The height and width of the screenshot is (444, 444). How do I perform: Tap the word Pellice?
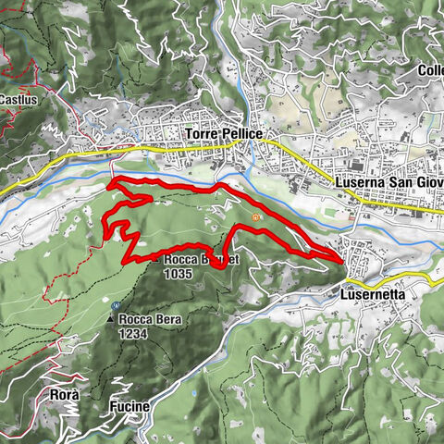240,135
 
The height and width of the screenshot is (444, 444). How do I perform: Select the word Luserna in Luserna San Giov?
359,182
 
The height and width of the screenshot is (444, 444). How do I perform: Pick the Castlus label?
17,99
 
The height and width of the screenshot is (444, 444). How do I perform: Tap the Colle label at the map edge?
430,70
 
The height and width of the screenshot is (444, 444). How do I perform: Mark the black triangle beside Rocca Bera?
110,320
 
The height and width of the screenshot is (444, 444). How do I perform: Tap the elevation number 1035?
176,274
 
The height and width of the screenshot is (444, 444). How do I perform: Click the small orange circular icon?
255,217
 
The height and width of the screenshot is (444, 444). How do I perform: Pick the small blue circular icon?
115,305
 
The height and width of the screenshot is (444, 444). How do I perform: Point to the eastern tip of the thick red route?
345,262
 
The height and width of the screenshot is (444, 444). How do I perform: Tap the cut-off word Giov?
430,182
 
